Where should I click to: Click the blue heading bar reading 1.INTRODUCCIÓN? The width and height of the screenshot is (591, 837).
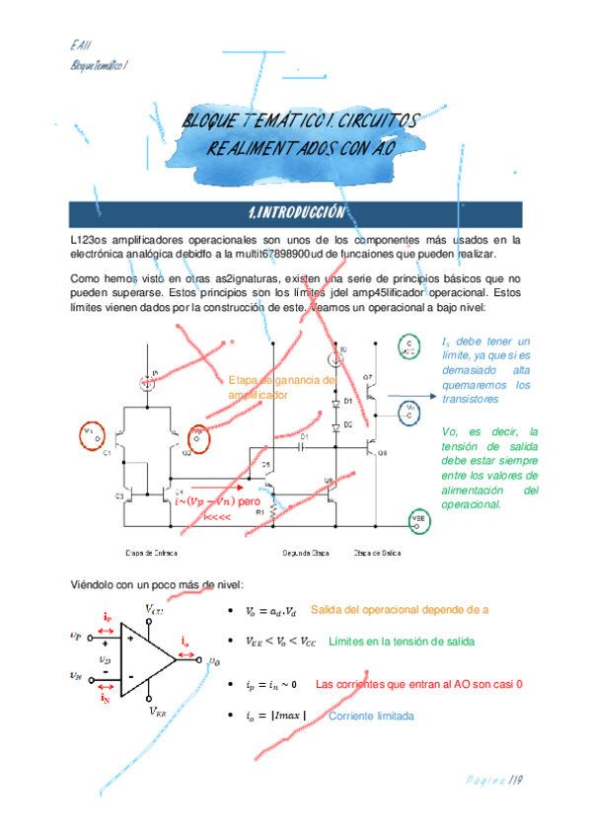(x=295, y=212)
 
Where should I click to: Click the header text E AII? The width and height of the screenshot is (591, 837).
(x=81, y=45)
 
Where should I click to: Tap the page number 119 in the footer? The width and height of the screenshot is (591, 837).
(x=513, y=782)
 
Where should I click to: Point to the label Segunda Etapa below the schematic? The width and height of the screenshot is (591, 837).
(x=304, y=552)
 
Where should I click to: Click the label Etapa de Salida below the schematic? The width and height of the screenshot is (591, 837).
(x=376, y=552)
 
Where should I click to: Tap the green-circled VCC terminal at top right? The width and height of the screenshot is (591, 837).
(x=407, y=345)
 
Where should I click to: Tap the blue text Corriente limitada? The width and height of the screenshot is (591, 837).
(x=370, y=716)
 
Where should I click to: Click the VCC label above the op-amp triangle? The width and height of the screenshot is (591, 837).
(x=156, y=608)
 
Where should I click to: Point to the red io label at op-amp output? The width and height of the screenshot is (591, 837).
(x=185, y=643)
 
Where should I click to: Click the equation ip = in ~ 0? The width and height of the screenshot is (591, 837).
(x=272, y=684)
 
